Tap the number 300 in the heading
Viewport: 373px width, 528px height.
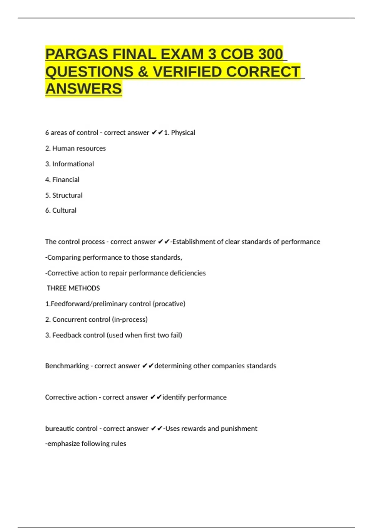pos(270,54)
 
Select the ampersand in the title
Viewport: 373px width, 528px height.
pos(143,72)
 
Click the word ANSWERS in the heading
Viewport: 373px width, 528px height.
pos(84,89)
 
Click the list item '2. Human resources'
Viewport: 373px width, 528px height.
pos(76,148)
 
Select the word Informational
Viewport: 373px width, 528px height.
pos(73,164)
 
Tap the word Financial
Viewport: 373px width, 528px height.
pos(66,180)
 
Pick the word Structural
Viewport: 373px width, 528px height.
pos(67,195)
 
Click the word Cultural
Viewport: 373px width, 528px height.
pos(64,211)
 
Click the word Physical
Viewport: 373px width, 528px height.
pos(183,133)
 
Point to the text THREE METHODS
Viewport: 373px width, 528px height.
pos(73,288)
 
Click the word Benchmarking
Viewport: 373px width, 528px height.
pos(67,366)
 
